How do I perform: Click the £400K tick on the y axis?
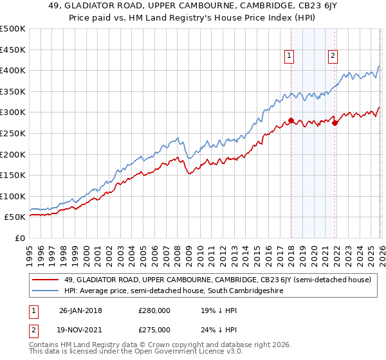(13, 71)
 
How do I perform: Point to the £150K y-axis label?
(13, 175)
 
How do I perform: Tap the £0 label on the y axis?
(19, 238)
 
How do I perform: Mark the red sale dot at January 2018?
(291, 120)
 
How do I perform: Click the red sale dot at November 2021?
(335, 123)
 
